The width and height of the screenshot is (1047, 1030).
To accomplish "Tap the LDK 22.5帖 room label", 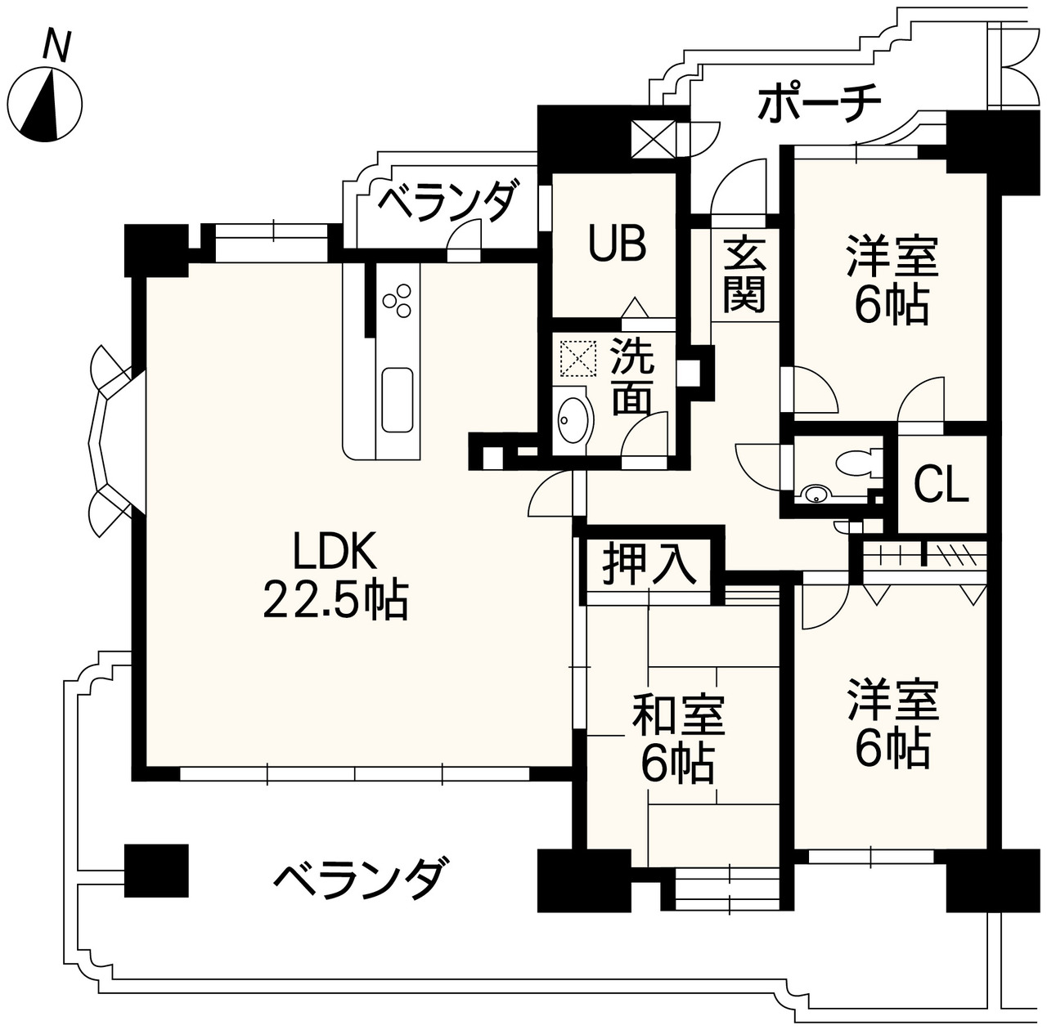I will click(x=335, y=577).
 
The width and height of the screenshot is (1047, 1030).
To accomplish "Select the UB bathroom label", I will click(x=619, y=243).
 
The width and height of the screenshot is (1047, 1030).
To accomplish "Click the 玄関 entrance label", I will click(x=744, y=274).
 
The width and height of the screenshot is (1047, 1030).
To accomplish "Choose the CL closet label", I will click(x=941, y=485).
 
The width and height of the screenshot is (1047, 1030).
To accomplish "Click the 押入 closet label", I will click(x=649, y=564).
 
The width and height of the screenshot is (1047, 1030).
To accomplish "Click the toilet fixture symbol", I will click(x=856, y=463).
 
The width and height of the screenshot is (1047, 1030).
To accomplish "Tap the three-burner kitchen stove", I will click(x=398, y=300).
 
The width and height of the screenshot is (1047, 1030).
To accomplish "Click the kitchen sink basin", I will click(x=398, y=398).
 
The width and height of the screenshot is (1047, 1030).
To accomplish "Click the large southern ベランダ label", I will click(x=361, y=879).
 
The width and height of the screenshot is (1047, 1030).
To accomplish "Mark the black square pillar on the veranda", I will click(x=156, y=871).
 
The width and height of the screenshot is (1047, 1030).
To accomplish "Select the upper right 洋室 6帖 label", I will click(x=892, y=279).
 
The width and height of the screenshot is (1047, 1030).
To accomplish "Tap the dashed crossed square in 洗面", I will click(x=577, y=357).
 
